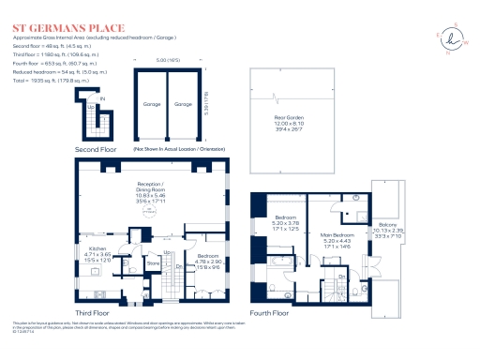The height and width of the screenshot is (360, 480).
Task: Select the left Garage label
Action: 151,104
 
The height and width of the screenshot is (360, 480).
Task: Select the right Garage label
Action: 185,104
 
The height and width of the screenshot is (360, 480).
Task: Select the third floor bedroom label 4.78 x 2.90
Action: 208,259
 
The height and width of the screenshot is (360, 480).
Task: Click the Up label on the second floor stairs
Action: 90,106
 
